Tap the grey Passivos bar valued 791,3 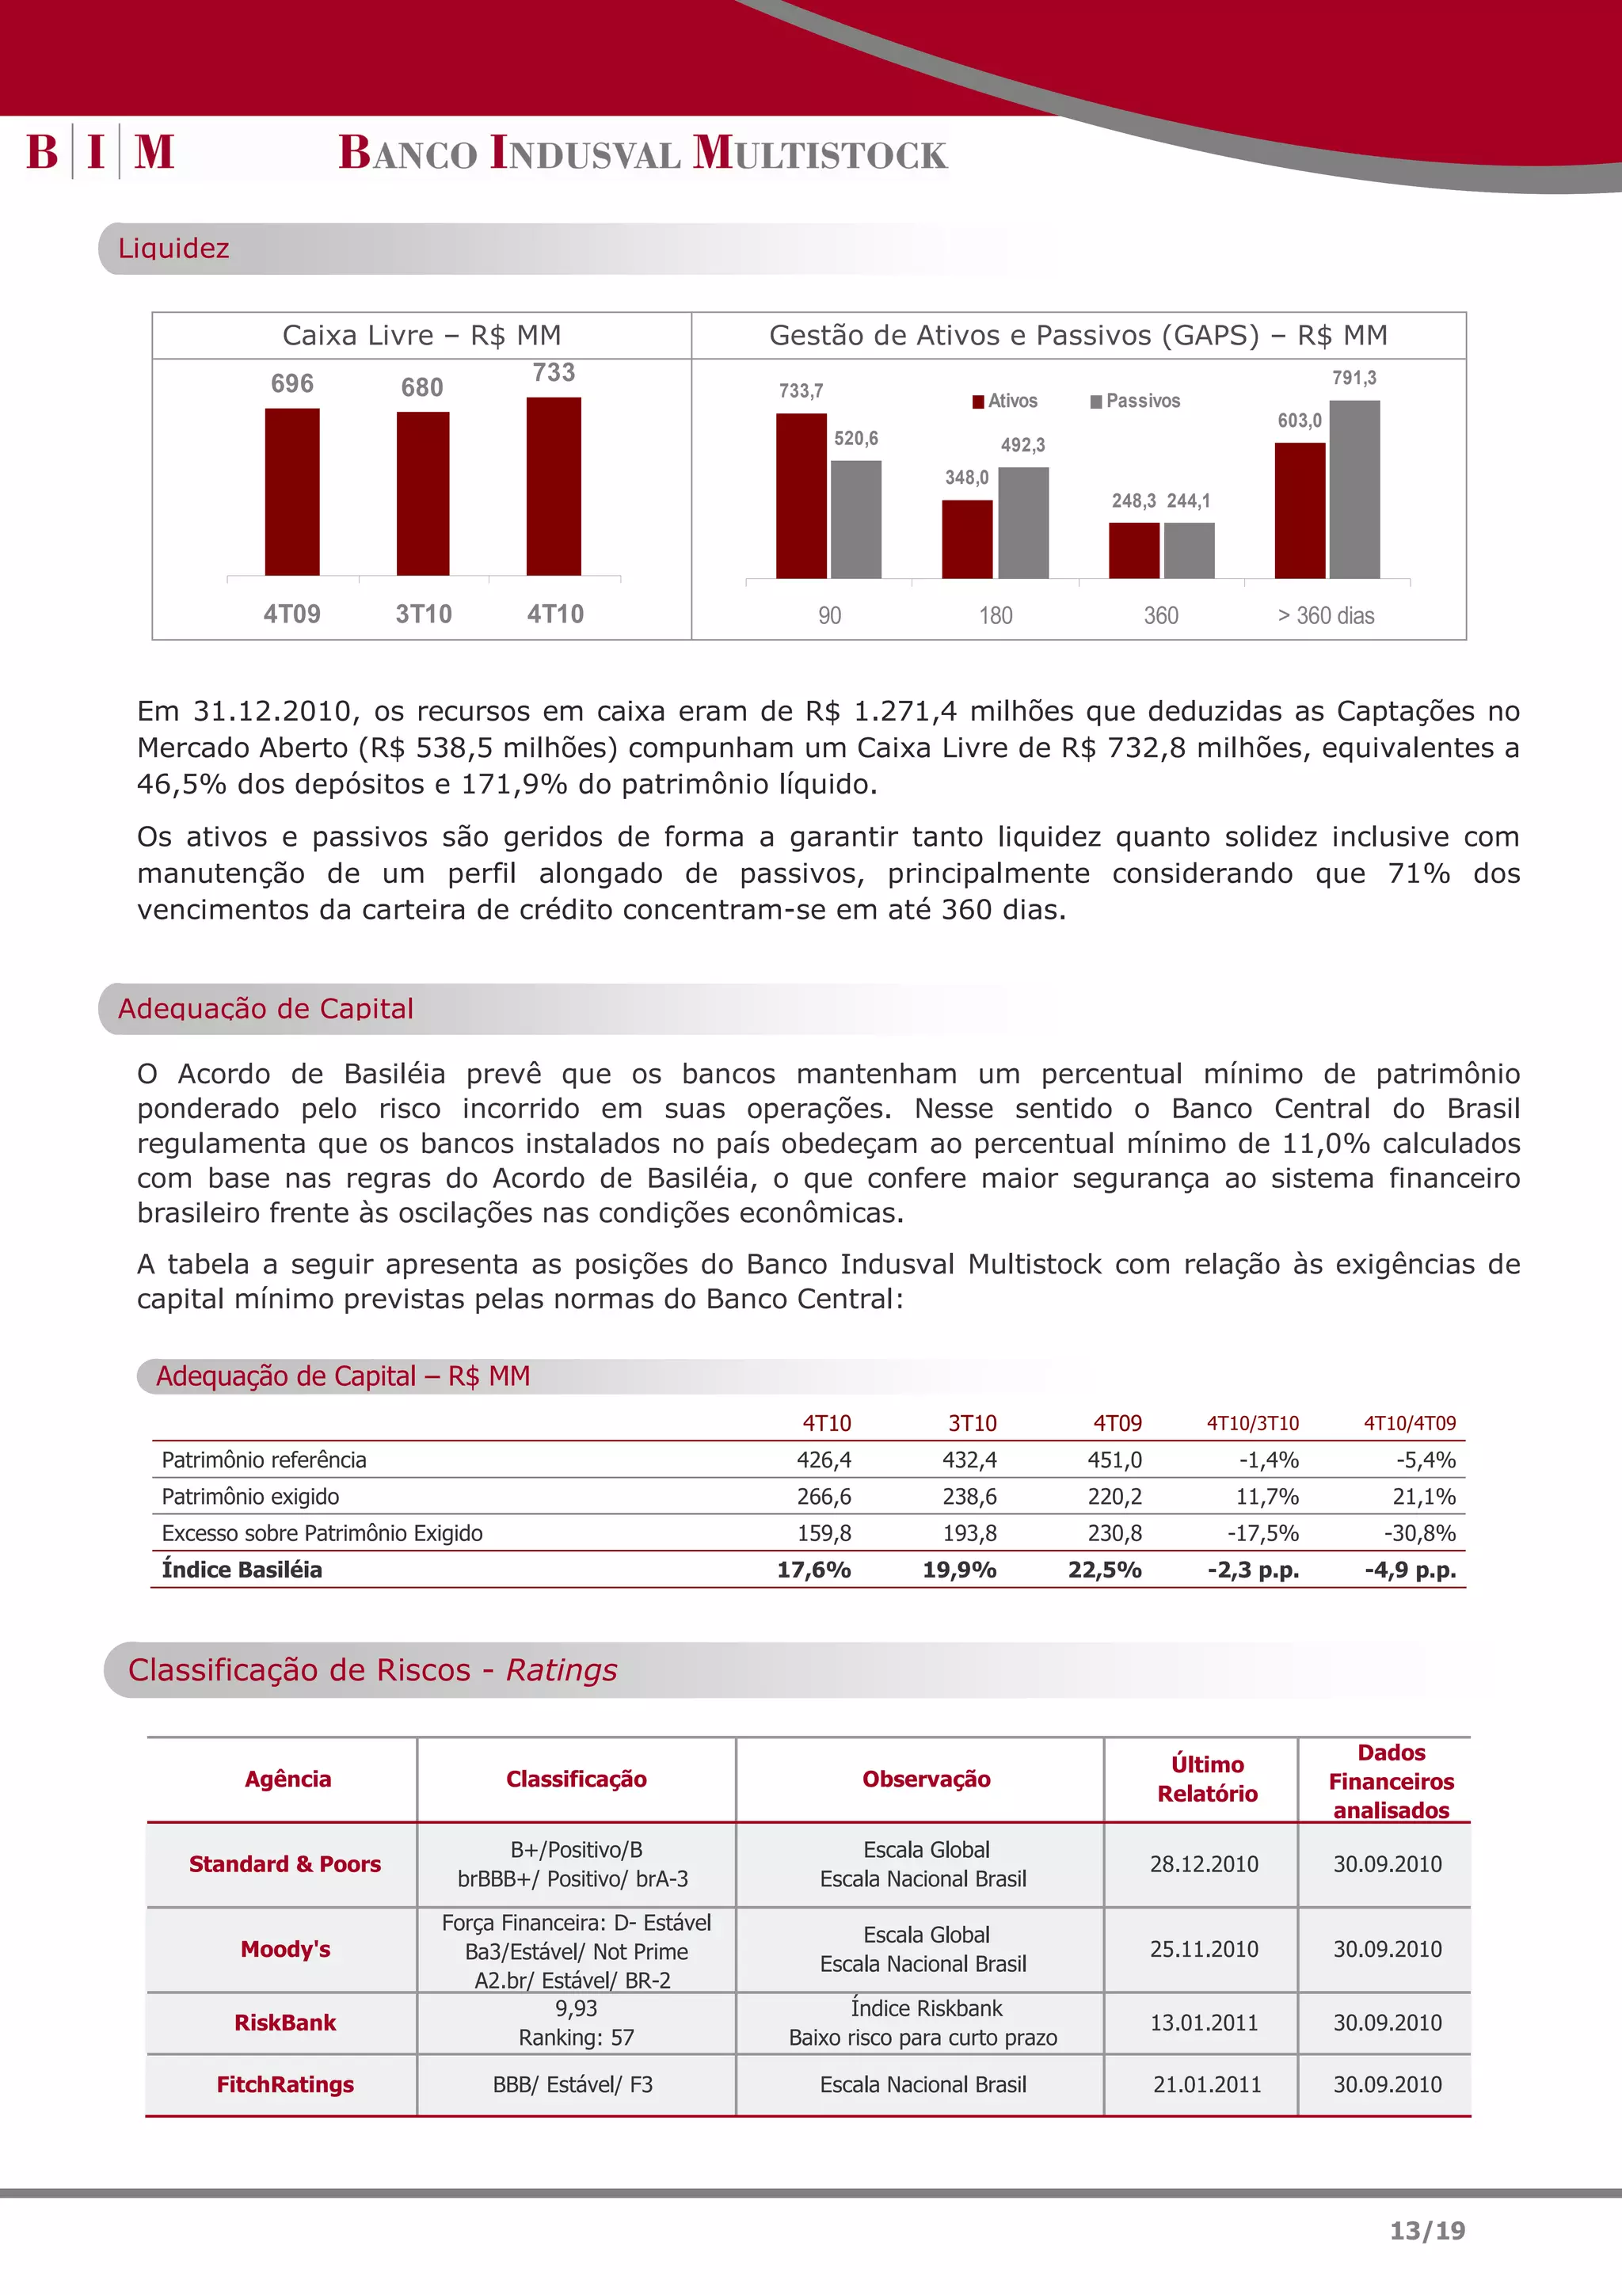coord(1354,489)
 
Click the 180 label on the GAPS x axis coord(996,616)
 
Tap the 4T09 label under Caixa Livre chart coord(291,614)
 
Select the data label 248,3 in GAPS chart coord(1133,500)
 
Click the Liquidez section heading coord(174,248)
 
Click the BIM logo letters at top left coord(100,152)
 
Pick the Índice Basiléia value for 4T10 coord(813,1570)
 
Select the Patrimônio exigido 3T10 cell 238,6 coord(969,1497)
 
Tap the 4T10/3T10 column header coord(1252,1423)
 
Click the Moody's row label coord(285,1949)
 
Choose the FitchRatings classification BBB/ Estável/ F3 coord(573,2084)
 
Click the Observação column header coord(927,1779)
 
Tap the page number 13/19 coord(1426,2230)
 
